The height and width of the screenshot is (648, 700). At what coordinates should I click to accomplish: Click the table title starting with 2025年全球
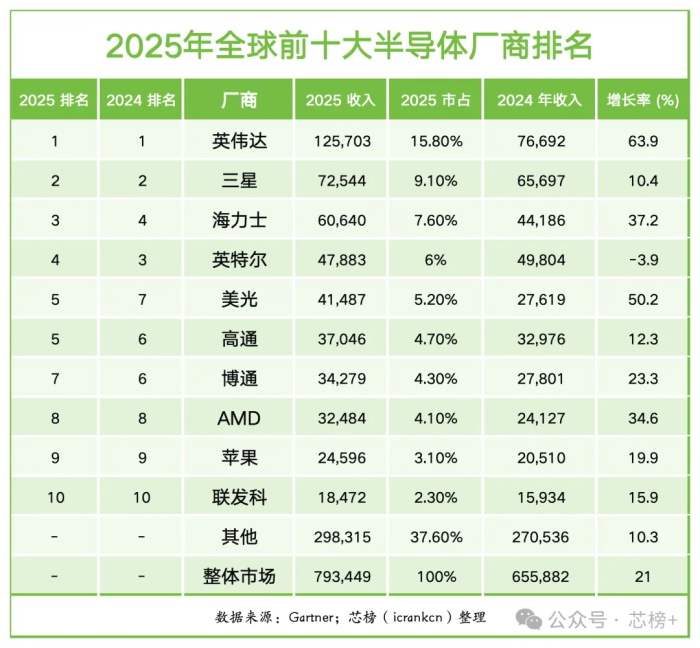coord(349,44)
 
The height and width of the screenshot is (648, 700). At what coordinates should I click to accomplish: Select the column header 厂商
coord(238,100)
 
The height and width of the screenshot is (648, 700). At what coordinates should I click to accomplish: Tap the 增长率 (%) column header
coord(643,100)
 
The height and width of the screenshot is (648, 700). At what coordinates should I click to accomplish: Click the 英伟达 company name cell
coord(238,142)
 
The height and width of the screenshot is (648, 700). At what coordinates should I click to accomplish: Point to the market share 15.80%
coord(436,142)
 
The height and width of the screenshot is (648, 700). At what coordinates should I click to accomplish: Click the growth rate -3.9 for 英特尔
coord(643,260)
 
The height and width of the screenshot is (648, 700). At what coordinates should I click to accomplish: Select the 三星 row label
coord(238,181)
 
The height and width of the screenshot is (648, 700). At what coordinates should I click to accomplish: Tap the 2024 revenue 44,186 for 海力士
coord(539,221)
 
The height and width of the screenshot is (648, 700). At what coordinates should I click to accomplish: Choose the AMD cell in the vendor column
coord(238,418)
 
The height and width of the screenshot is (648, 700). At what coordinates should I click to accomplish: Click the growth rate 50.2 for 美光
coord(643,300)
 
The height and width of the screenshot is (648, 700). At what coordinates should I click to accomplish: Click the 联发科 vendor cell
coord(238,497)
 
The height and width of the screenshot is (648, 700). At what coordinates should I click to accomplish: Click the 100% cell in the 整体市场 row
coord(436,576)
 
